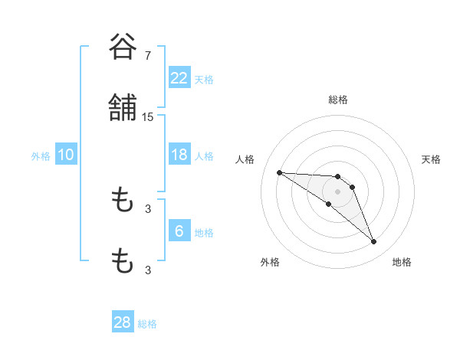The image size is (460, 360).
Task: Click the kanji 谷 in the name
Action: (x=122, y=48)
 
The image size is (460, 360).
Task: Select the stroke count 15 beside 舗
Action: (x=148, y=117)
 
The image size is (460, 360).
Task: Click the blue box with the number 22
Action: (x=179, y=78)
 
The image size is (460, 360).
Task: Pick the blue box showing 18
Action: (x=179, y=155)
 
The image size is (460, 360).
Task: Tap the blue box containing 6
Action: (x=179, y=231)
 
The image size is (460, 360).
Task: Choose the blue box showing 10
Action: (x=66, y=155)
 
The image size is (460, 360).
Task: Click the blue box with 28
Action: (x=123, y=322)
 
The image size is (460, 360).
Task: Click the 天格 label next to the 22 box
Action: (x=204, y=80)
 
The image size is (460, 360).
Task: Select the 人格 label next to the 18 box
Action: (x=204, y=156)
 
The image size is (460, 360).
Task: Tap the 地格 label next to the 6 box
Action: (x=204, y=233)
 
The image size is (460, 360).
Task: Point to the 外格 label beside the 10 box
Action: (x=41, y=156)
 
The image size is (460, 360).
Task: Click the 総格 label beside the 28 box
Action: (x=147, y=324)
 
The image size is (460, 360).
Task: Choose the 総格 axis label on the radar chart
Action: (x=337, y=100)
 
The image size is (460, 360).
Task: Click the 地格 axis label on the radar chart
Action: (x=402, y=262)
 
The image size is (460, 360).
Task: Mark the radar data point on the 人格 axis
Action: (x=279, y=172)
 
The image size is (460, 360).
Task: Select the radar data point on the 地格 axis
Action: (x=373, y=242)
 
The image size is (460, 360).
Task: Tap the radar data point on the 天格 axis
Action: (x=352, y=187)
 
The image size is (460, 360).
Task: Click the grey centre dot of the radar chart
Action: (x=337, y=191)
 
